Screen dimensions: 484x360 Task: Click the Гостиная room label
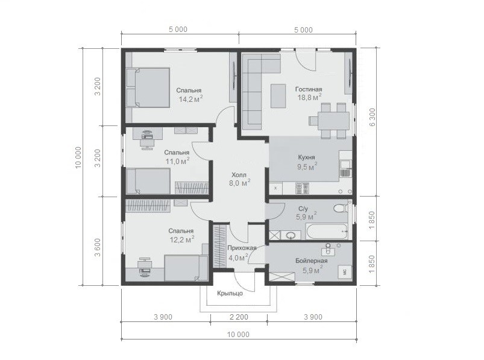pos(309,89)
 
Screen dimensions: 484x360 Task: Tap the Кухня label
pos(307,157)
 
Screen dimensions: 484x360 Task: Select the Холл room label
pos(239,175)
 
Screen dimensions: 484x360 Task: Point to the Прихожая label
pos(242,248)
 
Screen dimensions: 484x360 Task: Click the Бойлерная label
pos(312,261)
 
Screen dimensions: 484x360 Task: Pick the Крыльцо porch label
pos(230,293)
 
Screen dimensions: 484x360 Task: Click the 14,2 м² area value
pos(190,99)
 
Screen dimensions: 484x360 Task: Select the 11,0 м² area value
pos(177,161)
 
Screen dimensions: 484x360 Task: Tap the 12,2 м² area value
pos(182,239)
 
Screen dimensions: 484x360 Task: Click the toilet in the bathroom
pos(341,209)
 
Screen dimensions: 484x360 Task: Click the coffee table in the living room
pos(278,96)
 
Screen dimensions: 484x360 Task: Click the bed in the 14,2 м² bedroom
pos(148,87)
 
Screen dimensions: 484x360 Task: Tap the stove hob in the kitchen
pos(303,188)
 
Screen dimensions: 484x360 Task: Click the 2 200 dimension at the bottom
pos(239,317)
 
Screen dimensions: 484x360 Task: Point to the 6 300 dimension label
pos(372,117)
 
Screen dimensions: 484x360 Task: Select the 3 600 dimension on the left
pos(98,248)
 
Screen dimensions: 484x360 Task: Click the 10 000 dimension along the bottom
pos(238,335)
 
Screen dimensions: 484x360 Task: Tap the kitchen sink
pos(345,164)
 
